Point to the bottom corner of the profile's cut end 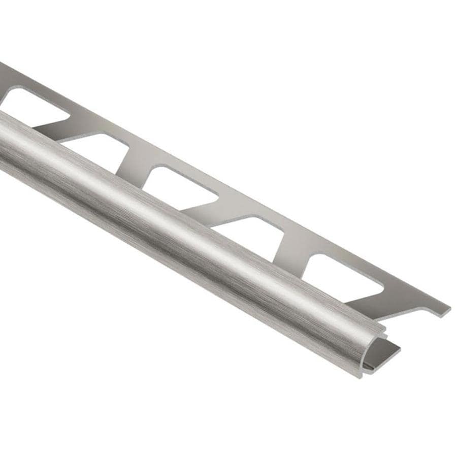(361, 376)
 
